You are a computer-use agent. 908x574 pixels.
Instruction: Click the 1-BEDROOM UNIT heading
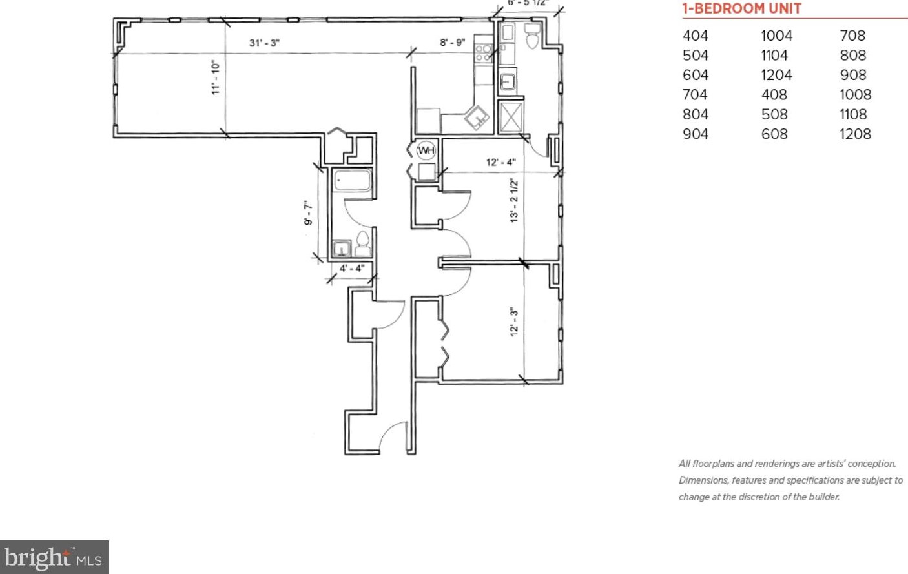click(x=741, y=9)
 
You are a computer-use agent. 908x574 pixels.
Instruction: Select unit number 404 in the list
click(x=695, y=36)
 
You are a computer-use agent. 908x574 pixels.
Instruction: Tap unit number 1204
click(x=776, y=76)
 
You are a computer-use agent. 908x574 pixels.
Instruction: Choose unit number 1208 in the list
click(x=855, y=134)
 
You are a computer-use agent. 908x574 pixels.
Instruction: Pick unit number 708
click(x=852, y=36)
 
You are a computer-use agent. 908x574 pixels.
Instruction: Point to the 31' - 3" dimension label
click(x=264, y=43)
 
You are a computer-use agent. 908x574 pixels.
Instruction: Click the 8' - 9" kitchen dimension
click(x=452, y=43)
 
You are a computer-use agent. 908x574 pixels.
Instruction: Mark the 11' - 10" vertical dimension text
click(x=216, y=78)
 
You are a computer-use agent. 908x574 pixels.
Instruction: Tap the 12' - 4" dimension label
click(x=500, y=162)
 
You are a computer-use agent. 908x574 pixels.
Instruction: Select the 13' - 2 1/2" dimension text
click(x=514, y=200)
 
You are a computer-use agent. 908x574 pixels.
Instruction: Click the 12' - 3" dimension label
click(x=514, y=321)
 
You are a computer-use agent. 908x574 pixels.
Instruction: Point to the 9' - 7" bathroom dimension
click(x=308, y=213)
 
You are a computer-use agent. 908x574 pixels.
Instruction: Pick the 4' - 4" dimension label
click(x=352, y=268)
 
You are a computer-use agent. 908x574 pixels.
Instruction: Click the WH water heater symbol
click(x=426, y=150)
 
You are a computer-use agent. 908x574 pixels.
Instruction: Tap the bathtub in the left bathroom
click(x=352, y=180)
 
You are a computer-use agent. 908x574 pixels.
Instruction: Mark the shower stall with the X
click(x=511, y=118)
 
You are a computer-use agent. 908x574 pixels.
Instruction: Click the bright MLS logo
click(x=54, y=557)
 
